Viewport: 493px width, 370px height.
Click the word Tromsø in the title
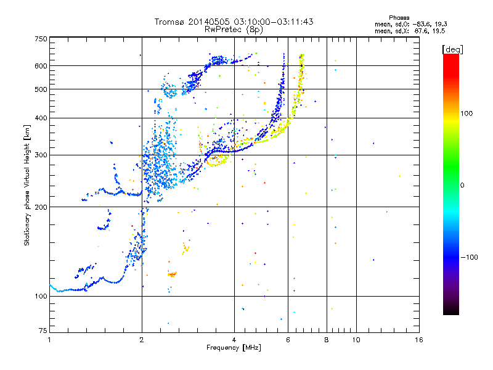[x=170, y=22]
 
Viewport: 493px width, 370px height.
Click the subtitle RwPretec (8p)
[x=234, y=30]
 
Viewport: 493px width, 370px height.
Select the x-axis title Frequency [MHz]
[x=234, y=347]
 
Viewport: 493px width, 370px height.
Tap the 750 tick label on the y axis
[x=41, y=39]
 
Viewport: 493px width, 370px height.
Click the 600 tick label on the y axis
[x=41, y=66]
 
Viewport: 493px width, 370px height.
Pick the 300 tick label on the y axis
[x=41, y=155]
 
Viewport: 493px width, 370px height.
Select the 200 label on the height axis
[x=41, y=207]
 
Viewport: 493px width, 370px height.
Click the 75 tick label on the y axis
[x=43, y=331]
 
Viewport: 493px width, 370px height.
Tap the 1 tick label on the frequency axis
[x=49, y=340]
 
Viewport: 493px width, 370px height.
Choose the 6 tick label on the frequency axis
[x=288, y=340]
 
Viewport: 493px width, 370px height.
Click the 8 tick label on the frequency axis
[x=327, y=340]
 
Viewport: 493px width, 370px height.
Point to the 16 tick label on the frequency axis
[x=419, y=340]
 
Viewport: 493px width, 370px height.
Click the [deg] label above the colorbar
[x=452, y=49]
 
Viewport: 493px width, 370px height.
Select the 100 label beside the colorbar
[x=467, y=113]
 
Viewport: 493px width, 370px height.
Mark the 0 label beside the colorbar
[x=462, y=185]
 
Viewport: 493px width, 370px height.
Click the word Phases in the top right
[x=399, y=18]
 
